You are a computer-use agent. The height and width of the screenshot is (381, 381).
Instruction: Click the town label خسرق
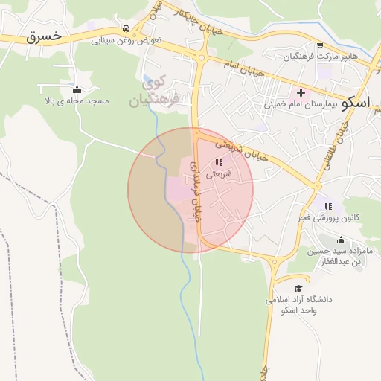[41, 36]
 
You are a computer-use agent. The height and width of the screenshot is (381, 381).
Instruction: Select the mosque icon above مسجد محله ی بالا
[77, 89]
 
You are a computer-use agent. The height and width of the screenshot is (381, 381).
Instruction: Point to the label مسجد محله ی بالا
[77, 100]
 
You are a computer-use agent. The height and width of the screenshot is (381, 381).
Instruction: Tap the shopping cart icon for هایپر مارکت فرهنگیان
[320, 45]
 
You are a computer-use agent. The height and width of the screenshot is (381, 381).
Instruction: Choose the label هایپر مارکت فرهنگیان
[320, 57]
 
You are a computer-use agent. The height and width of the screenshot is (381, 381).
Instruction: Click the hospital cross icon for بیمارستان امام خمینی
[301, 93]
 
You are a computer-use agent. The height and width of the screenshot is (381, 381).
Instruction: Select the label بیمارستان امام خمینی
[301, 104]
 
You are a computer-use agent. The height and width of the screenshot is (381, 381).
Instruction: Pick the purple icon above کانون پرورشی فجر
[328, 206]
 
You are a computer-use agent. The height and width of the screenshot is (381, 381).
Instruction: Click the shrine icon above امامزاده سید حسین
[341, 240]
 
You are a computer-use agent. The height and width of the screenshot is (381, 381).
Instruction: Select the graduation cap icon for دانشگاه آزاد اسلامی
[298, 288]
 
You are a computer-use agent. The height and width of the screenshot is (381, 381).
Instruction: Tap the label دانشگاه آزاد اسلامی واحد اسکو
[298, 304]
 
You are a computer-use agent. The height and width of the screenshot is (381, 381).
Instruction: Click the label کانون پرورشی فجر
[328, 217]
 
